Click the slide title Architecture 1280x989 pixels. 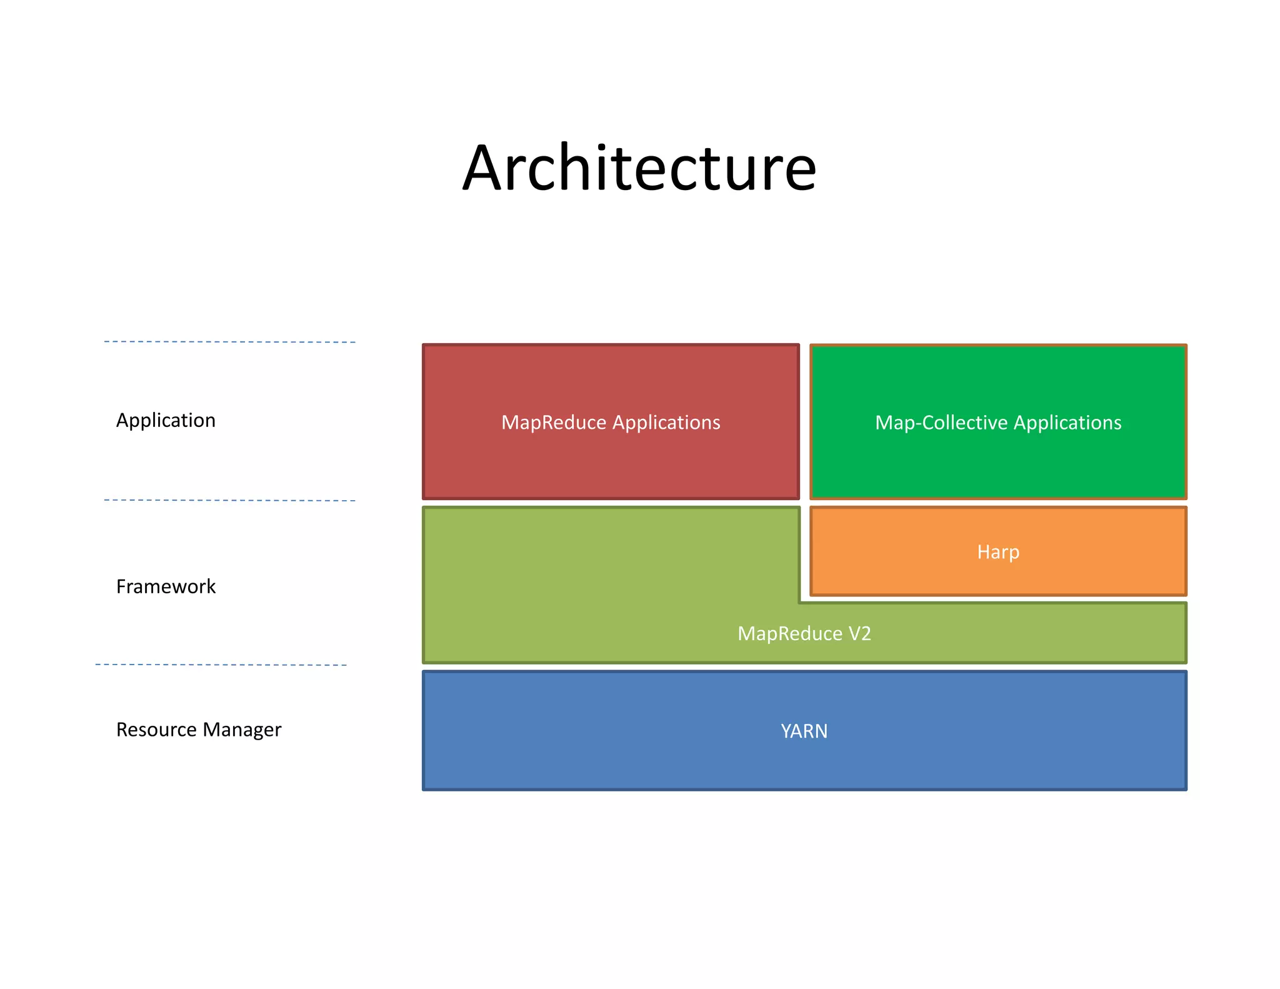[639, 168]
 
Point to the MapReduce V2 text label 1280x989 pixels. [804, 634]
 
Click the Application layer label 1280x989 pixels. [166, 420]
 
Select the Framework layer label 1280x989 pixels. [166, 586]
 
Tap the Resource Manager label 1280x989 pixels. [199, 730]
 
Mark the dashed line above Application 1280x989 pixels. [229, 342]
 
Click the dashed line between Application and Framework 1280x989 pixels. [229, 500]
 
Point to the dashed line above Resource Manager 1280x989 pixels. [221, 665]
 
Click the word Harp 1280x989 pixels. [998, 552]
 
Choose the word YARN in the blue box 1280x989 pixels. [804, 731]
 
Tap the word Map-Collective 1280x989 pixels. [941, 423]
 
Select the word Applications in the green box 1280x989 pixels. [1067, 423]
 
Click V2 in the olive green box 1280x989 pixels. [860, 634]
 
